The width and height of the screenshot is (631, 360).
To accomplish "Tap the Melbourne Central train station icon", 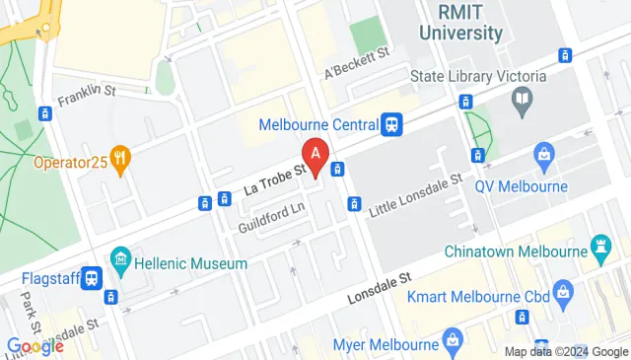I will (x=392, y=124).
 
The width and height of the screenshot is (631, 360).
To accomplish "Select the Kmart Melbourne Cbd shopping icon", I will (x=562, y=290).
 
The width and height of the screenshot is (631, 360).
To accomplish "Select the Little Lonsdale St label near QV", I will (x=415, y=197).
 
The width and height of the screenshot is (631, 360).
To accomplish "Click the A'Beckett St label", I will (x=358, y=59).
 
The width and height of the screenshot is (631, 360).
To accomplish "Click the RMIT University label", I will (x=459, y=22).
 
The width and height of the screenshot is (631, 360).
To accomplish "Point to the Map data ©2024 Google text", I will (x=565, y=351).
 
